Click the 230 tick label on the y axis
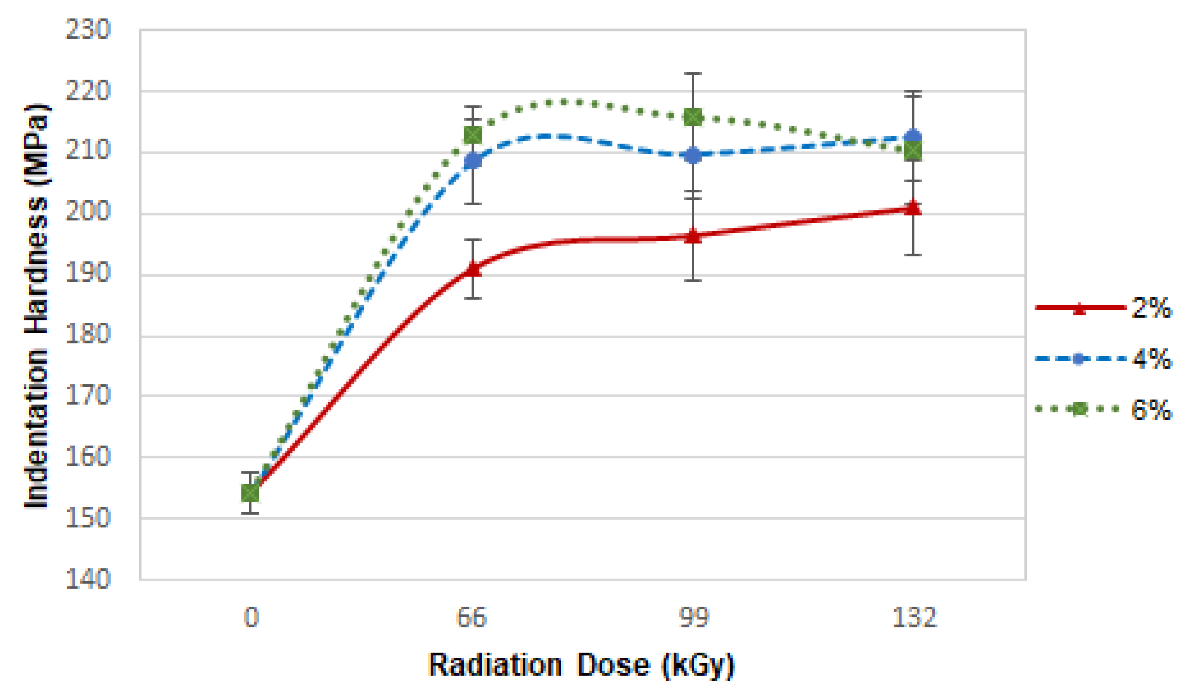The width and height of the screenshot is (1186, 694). (x=88, y=30)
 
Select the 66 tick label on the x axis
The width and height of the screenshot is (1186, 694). (x=472, y=617)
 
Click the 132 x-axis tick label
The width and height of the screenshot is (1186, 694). (x=914, y=617)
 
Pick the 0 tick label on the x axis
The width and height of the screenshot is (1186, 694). (x=251, y=617)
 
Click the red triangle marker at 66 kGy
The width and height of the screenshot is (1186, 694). (x=473, y=269)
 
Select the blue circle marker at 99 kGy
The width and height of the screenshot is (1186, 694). (x=693, y=155)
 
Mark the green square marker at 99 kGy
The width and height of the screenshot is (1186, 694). (x=693, y=117)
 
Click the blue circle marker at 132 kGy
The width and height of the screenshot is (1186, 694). (x=913, y=136)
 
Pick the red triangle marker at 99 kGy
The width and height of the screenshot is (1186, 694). (x=693, y=236)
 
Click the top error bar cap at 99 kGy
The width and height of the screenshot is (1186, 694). (x=693, y=74)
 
